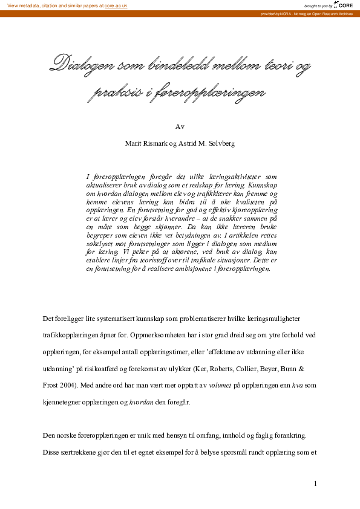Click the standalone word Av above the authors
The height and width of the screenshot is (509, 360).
180,126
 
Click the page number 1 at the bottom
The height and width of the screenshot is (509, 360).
316,484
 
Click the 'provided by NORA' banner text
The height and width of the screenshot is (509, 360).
306,13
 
